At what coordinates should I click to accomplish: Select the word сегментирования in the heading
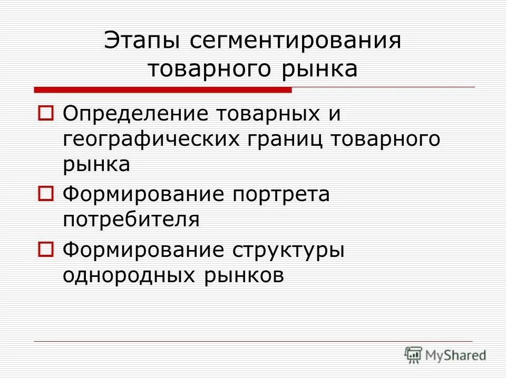coord(293,42)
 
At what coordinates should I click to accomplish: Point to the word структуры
coord(288,250)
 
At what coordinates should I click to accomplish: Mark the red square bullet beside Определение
coord(45,113)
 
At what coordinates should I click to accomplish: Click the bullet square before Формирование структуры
coord(45,250)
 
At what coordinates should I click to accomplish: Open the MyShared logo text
coord(456,355)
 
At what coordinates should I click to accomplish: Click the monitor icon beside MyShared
coord(413,355)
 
